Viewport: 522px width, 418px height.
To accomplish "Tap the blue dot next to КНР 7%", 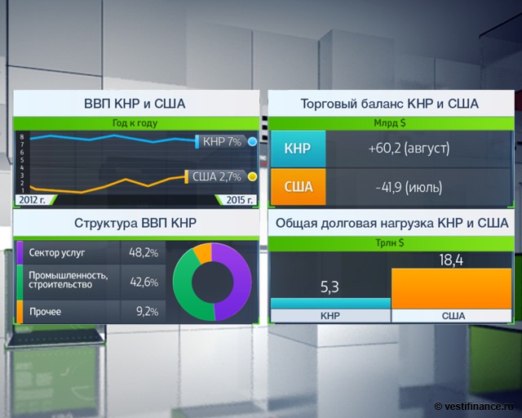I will pos(253,142).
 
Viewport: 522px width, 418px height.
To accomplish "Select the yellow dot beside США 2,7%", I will pos(253,176).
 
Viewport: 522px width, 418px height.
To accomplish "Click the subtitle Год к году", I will pos(135,123).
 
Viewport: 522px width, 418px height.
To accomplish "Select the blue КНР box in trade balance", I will pos(299,149).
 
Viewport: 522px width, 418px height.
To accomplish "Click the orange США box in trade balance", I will pos(299,187).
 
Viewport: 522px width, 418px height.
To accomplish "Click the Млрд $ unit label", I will pos(389,123).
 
